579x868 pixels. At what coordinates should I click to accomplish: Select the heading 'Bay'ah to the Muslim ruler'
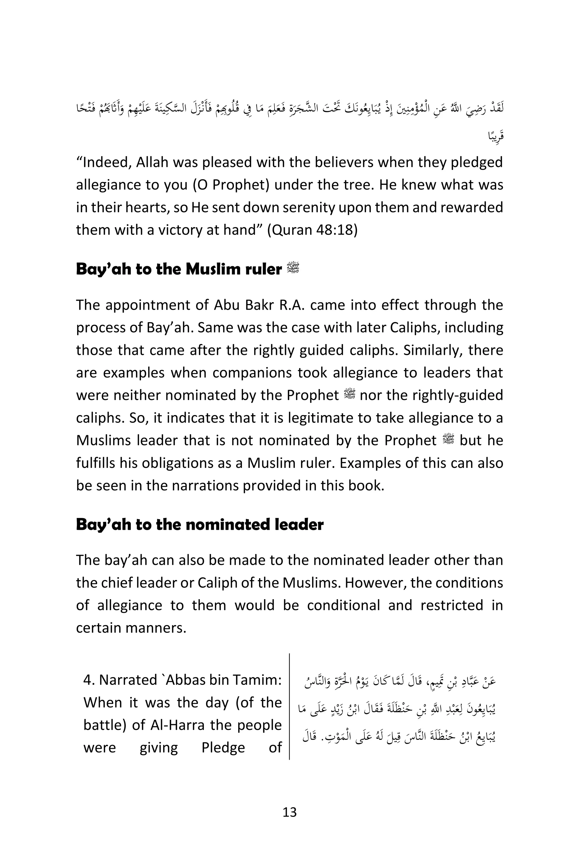[x=179, y=269]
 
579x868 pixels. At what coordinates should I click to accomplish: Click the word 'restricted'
[x=451, y=605]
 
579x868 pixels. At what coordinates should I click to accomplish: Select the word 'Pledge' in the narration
[x=223, y=748]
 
